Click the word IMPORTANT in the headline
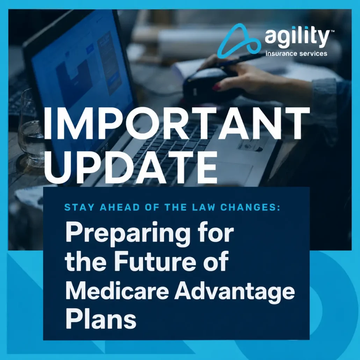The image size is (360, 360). pos(176,123)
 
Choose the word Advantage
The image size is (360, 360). pos(235,293)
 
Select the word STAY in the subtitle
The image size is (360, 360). pos(79,207)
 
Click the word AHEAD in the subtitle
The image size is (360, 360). pos(120,207)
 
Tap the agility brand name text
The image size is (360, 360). pos(297,37)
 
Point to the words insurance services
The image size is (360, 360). pos(296,54)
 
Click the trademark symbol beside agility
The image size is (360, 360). pos(332,31)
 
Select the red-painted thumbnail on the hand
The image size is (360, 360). pos(217,87)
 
